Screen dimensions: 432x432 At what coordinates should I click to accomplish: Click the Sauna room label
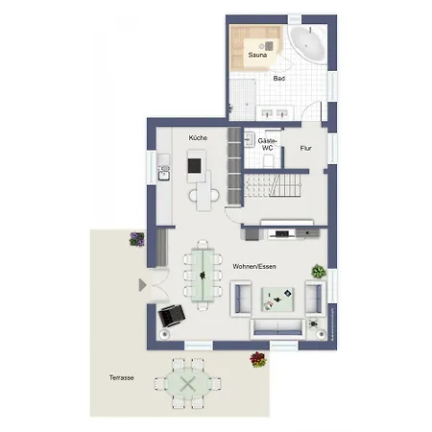click(257, 55)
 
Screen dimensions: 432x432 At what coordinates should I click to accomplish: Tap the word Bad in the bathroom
click(279, 78)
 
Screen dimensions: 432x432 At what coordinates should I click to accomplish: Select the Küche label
click(198, 138)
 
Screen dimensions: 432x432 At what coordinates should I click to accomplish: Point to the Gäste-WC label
click(267, 144)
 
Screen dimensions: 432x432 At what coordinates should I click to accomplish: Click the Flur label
click(305, 148)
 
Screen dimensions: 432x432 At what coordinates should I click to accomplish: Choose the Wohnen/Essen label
click(254, 266)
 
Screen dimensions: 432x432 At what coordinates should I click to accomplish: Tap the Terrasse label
click(121, 377)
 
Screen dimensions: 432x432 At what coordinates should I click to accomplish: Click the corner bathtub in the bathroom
click(308, 43)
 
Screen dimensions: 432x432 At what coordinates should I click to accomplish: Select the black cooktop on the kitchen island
click(194, 166)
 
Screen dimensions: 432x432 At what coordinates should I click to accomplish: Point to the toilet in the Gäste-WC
click(268, 160)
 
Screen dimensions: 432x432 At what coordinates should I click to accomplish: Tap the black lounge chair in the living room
click(172, 316)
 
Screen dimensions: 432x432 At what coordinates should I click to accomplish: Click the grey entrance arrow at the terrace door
click(142, 285)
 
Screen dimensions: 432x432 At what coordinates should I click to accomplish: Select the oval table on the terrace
click(188, 384)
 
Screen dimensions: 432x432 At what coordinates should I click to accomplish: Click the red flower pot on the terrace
click(258, 359)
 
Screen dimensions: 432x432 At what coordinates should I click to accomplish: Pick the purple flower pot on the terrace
click(137, 239)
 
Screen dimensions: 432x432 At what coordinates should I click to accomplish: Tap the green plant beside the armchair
click(319, 272)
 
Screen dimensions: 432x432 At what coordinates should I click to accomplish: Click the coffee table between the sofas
click(277, 300)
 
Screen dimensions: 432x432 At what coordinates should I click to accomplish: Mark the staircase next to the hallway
click(273, 185)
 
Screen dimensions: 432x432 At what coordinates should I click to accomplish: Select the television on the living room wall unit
click(281, 234)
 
